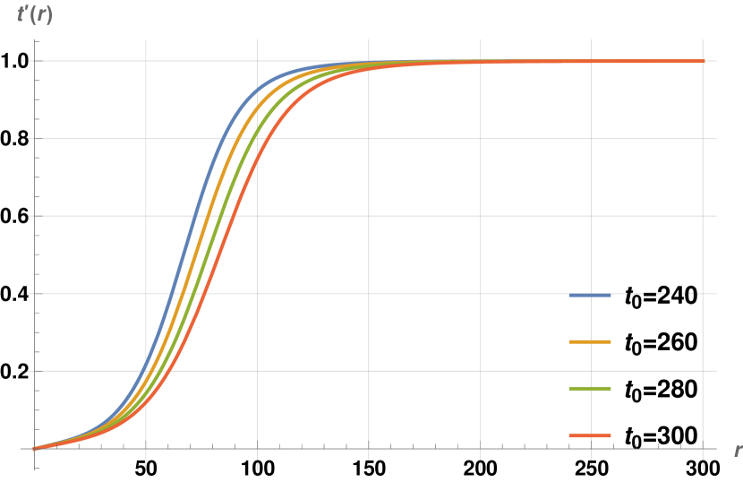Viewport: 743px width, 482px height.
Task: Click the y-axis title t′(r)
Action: tap(34, 15)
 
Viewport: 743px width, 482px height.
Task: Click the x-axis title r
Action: tap(737, 450)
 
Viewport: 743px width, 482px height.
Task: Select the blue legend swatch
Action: tap(590, 295)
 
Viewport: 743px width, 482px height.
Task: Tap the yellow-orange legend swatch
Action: tap(590, 341)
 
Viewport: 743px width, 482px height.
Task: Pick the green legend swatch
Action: tap(590, 388)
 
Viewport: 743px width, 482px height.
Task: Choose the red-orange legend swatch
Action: tap(590, 435)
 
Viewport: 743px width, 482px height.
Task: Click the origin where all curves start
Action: tap(35, 448)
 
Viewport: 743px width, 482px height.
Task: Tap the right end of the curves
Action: tap(703, 61)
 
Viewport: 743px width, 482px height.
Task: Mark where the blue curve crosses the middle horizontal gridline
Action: tap(192, 216)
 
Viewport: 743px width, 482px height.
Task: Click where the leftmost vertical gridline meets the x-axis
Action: tap(146, 448)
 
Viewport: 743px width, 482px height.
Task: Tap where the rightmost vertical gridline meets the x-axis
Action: tap(703, 448)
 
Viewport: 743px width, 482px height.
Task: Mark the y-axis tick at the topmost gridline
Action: tap(35, 61)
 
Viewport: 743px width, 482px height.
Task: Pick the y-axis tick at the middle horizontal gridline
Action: tap(35, 216)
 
